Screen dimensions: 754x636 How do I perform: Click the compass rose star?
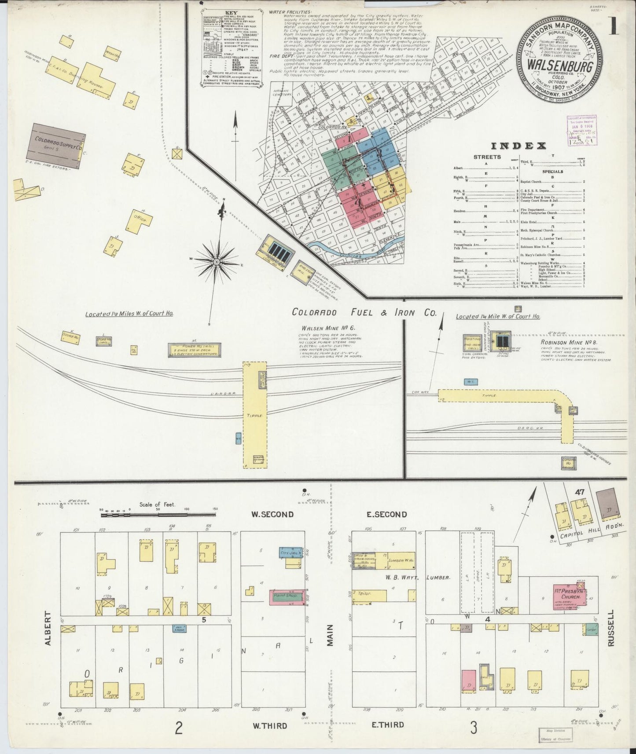tap(217, 261)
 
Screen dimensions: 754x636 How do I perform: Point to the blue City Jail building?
tap(290, 552)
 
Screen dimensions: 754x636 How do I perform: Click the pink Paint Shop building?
tap(287, 597)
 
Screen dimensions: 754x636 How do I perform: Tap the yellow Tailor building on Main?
tap(369, 596)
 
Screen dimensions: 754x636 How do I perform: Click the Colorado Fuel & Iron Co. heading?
tap(364, 312)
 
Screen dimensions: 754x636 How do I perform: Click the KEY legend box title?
tap(231, 14)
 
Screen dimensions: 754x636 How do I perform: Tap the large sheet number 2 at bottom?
tap(179, 728)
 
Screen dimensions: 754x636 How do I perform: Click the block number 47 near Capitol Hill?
tap(579, 492)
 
